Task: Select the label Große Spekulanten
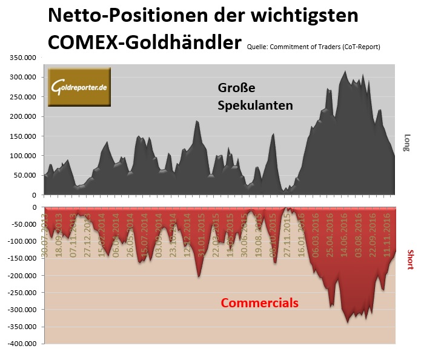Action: coord(255,96)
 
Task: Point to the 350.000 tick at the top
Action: coord(22,58)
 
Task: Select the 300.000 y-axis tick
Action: coord(22,77)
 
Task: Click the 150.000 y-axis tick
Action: coord(22,136)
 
